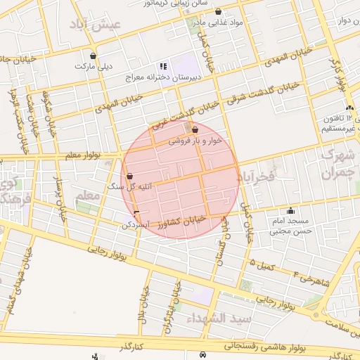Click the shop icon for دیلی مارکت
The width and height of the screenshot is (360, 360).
pos(93,56)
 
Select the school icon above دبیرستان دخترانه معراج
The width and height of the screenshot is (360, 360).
pos(164,66)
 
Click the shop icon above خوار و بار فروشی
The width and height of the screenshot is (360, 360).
pos(195,130)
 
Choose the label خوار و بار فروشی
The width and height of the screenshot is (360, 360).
pos(195,141)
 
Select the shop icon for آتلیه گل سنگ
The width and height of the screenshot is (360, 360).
pos(129,176)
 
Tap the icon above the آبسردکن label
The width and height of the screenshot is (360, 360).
pos(136,214)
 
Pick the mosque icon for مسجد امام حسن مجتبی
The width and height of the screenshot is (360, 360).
pos(291,210)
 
